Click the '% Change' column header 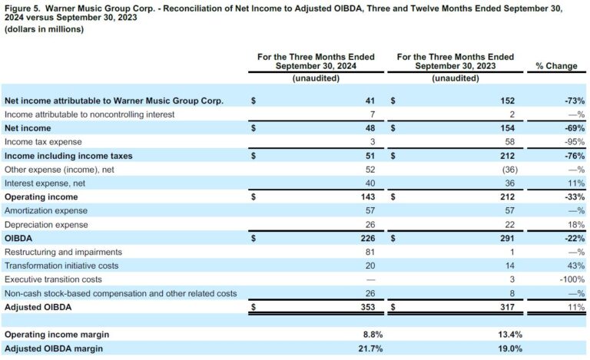[x=555, y=66]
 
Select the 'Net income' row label [x=28, y=128]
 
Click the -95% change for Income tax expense [x=572, y=142]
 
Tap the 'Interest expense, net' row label [x=44, y=183]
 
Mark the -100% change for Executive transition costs [x=570, y=280]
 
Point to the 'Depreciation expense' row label [x=46, y=225]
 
